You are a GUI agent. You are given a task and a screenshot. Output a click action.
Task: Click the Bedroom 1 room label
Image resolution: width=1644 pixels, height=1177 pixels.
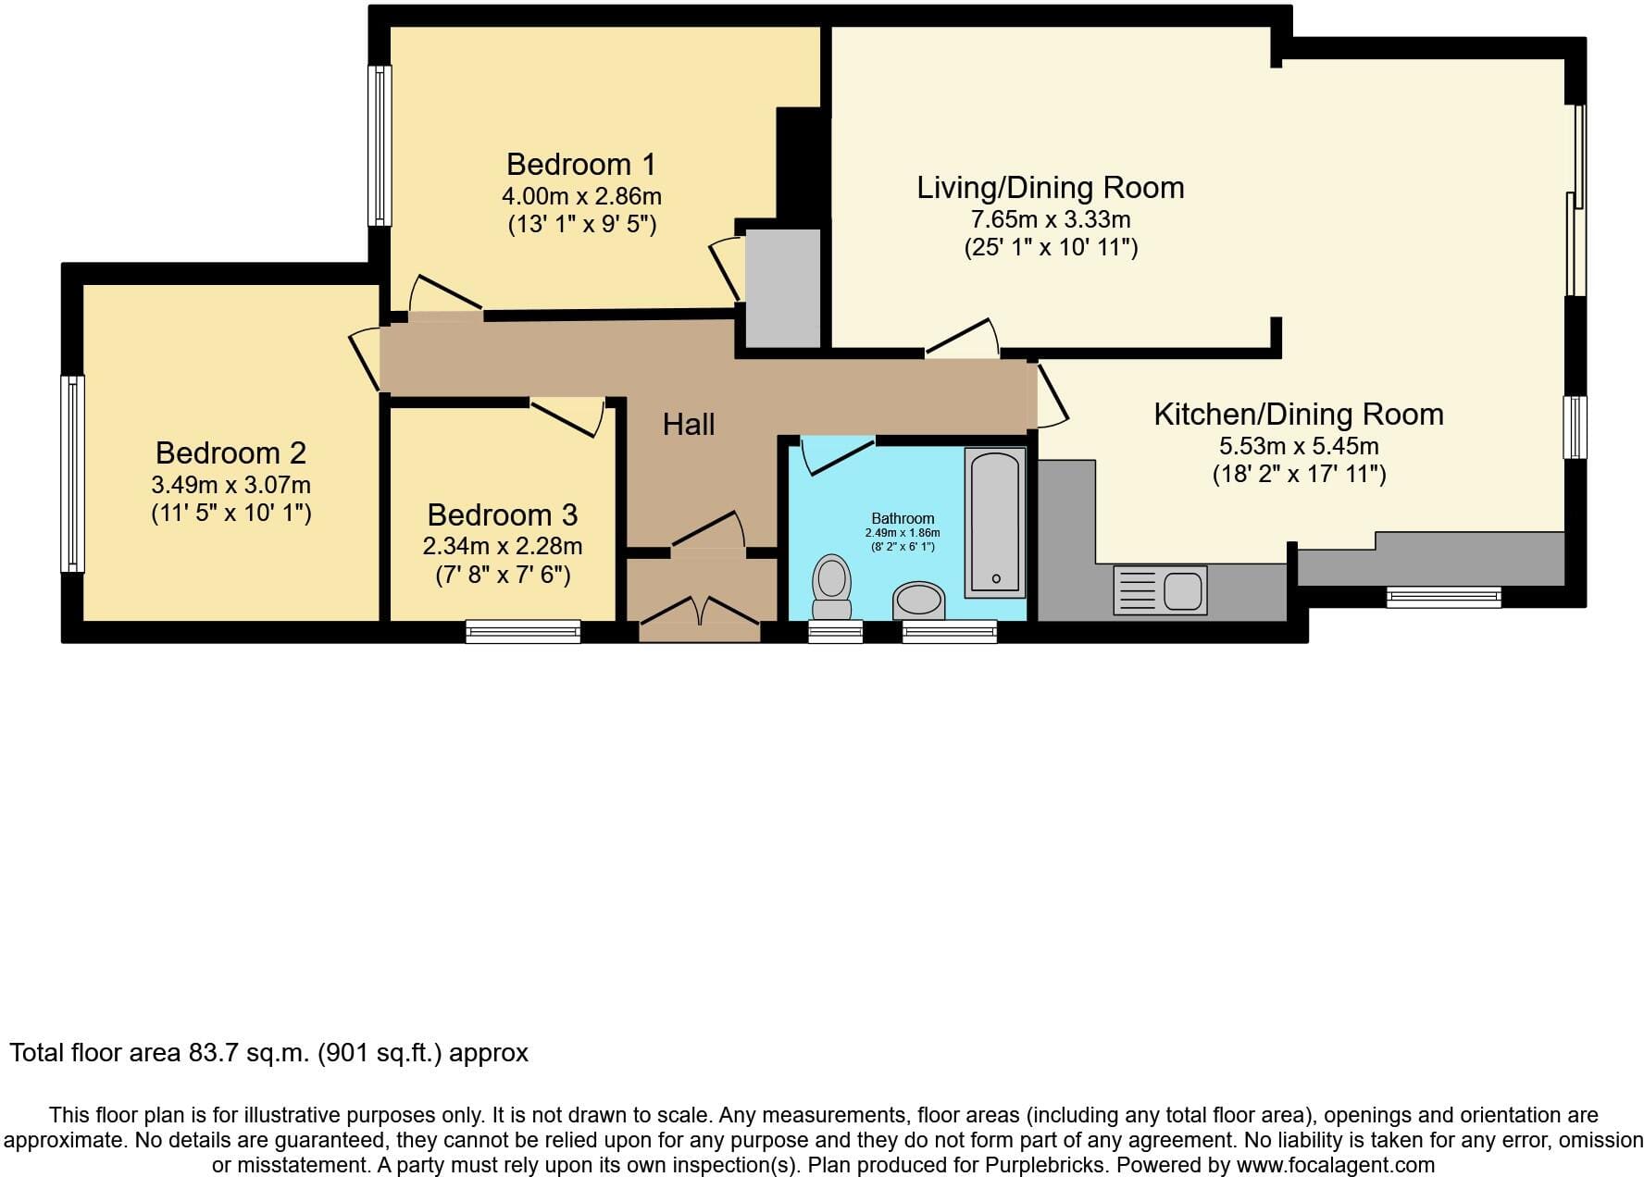pyautogui.click(x=581, y=164)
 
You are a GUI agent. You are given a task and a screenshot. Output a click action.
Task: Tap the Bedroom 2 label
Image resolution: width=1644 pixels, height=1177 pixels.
pyautogui.click(x=230, y=452)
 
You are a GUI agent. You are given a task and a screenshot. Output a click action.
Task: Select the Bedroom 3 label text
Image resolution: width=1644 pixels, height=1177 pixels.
pyautogui.click(x=503, y=514)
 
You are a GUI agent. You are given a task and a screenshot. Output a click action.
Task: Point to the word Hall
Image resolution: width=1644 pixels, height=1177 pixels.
pyautogui.click(x=689, y=425)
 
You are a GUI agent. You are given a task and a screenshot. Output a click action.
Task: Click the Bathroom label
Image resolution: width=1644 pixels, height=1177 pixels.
pyautogui.click(x=903, y=518)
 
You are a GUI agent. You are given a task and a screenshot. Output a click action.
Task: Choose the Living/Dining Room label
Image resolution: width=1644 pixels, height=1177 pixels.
pyautogui.click(x=1051, y=188)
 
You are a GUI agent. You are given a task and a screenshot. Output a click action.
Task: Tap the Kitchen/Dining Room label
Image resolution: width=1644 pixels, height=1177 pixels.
pyautogui.click(x=1299, y=415)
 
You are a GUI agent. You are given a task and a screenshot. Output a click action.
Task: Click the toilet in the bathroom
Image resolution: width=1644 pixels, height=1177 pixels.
pyautogui.click(x=831, y=588)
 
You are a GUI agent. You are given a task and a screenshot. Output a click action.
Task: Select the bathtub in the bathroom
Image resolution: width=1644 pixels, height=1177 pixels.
pyautogui.click(x=995, y=522)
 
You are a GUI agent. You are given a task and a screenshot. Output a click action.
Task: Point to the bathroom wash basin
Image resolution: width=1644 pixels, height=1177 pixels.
pyautogui.click(x=919, y=601)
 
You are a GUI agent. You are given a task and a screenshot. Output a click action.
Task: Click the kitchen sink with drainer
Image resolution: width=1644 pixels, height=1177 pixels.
pyautogui.click(x=1161, y=590)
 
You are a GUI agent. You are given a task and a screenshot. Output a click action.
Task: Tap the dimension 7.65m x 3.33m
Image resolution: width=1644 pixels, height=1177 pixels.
pyautogui.click(x=1051, y=219)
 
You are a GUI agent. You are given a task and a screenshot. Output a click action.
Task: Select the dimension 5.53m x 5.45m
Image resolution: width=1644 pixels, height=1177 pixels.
pyautogui.click(x=1299, y=446)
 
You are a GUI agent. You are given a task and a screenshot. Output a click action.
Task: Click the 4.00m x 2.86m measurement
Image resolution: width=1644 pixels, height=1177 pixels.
pyautogui.click(x=581, y=196)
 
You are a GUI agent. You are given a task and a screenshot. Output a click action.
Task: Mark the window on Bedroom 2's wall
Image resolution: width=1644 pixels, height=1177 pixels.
pyautogui.click(x=72, y=473)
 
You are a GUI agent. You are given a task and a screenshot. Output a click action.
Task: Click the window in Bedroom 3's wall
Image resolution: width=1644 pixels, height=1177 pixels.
pyautogui.click(x=523, y=631)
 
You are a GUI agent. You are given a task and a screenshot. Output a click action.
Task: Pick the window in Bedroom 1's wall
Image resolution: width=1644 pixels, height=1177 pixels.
pyautogui.click(x=380, y=145)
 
